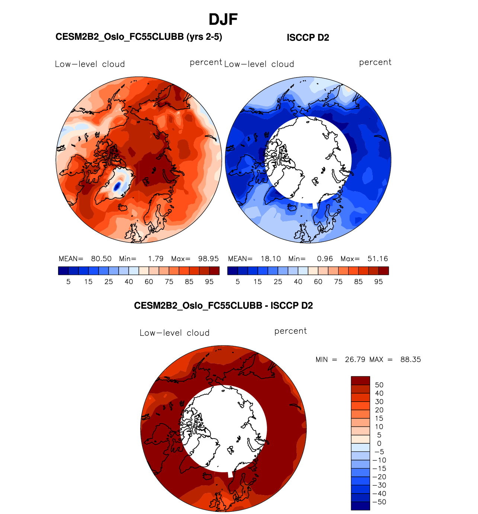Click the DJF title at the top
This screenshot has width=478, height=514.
pyautogui.click(x=223, y=20)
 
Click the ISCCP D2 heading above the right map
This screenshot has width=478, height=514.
pyautogui.click(x=308, y=38)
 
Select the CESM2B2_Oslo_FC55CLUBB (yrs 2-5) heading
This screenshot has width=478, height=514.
pyautogui.click(x=138, y=37)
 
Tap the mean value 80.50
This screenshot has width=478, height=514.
pyautogui.click(x=101, y=259)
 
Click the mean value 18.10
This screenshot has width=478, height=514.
pyautogui.click(x=270, y=259)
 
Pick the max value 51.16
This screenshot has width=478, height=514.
pyautogui.click(x=378, y=259)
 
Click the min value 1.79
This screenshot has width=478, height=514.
pyautogui.click(x=156, y=259)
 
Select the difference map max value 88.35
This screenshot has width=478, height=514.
pyautogui.click(x=411, y=360)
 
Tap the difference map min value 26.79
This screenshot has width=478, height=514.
pyautogui.click(x=355, y=360)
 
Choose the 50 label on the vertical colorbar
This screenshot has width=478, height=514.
pyautogui.click(x=379, y=385)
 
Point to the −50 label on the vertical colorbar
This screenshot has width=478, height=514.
pyautogui.click(x=379, y=502)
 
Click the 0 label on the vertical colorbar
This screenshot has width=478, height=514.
pyautogui.click(x=379, y=443)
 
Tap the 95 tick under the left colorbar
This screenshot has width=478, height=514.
pyautogui.click(x=209, y=282)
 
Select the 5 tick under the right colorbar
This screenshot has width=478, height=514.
pyautogui.click(x=238, y=282)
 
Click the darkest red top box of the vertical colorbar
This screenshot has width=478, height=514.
pyautogui.click(x=360, y=380)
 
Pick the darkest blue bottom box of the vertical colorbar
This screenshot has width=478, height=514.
pyautogui.click(x=360, y=506)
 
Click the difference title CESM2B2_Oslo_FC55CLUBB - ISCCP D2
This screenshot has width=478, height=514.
pyautogui.click(x=223, y=306)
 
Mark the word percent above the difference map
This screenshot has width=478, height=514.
pyautogui.click(x=291, y=331)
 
